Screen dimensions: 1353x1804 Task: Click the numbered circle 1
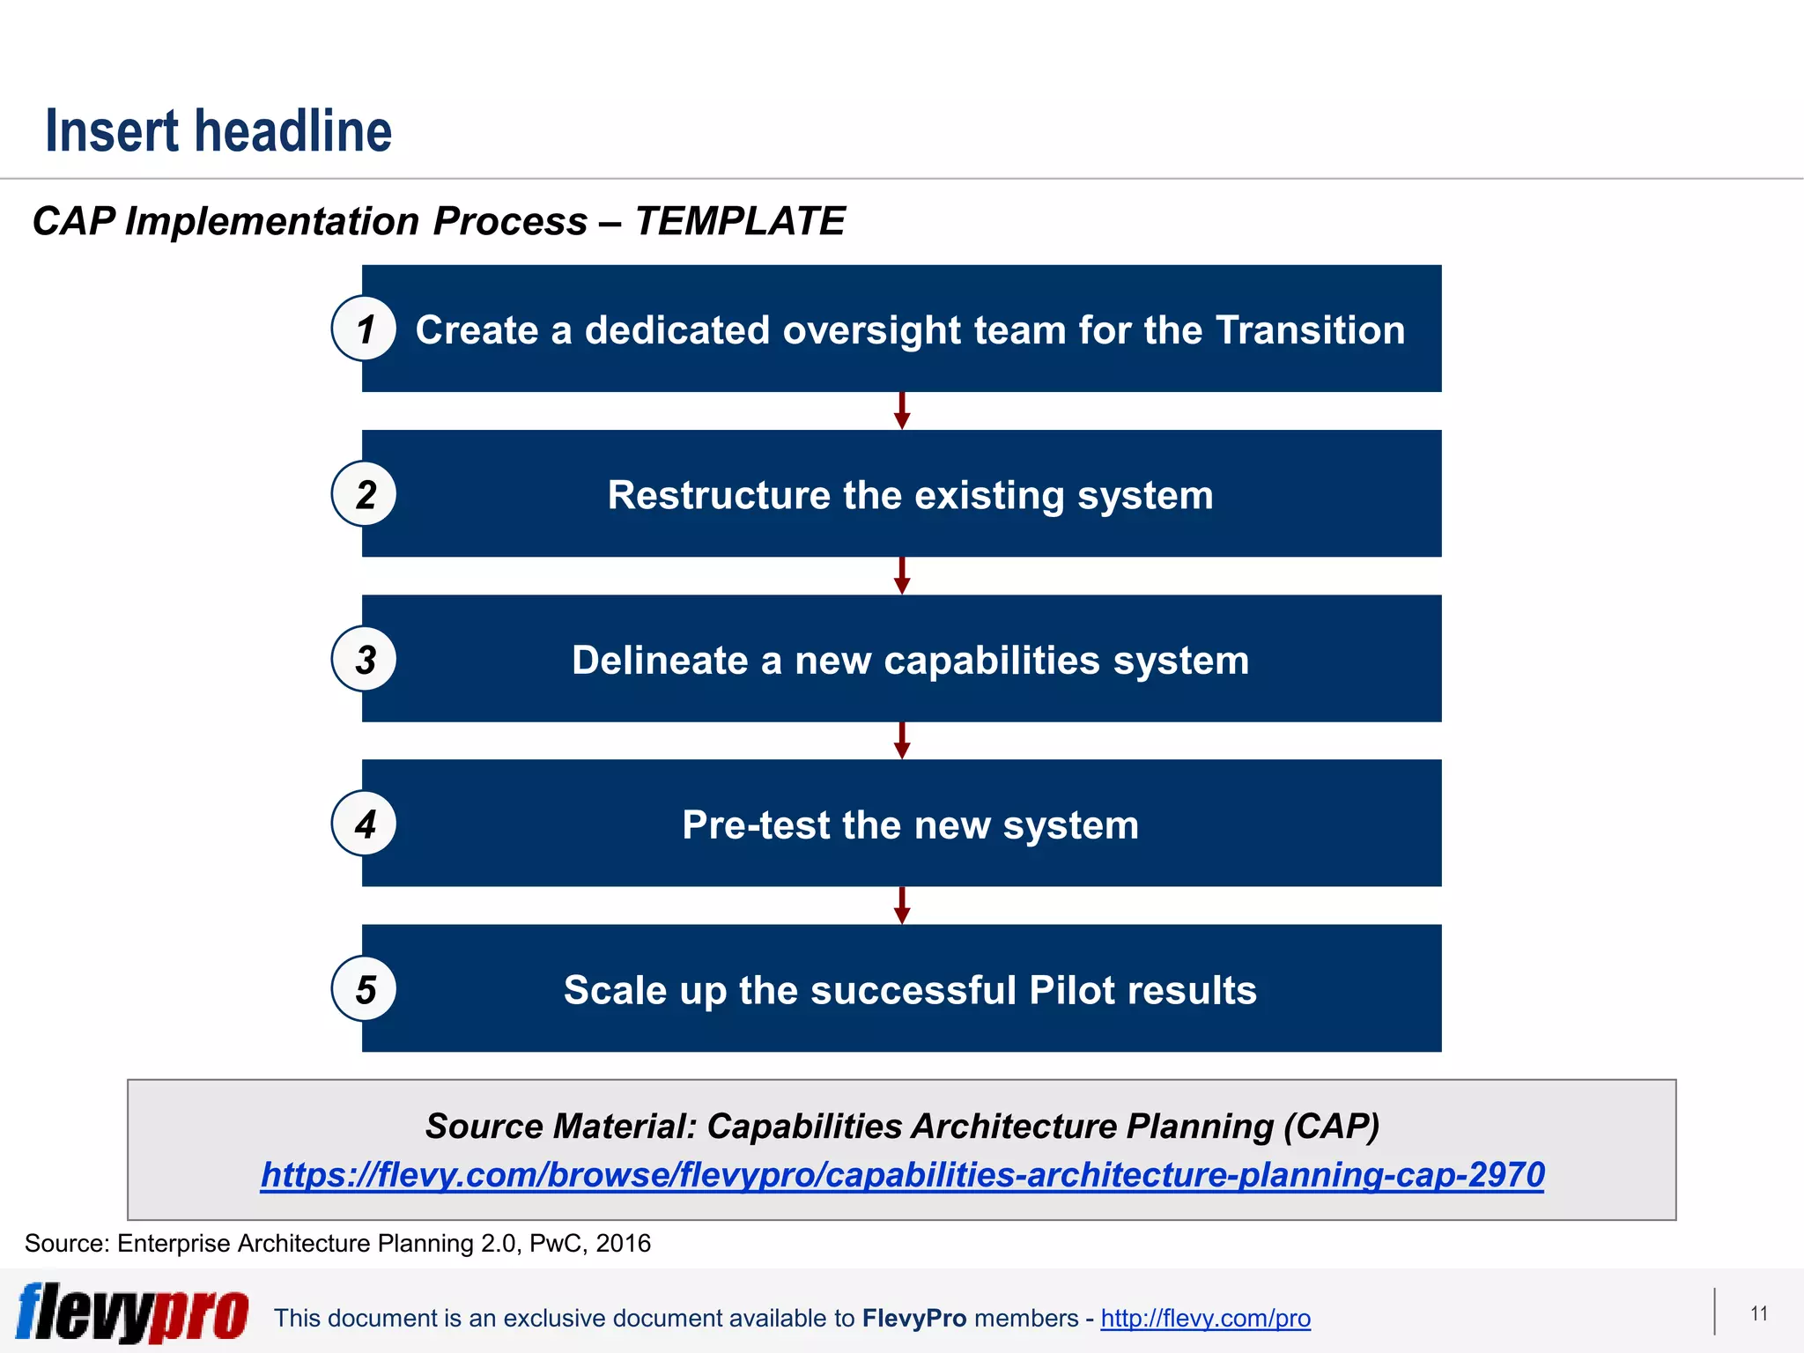364,329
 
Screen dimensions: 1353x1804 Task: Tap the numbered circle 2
364,494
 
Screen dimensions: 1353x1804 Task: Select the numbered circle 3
364,659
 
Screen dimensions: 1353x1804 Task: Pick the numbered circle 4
364,824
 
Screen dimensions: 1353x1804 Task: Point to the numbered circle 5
364,989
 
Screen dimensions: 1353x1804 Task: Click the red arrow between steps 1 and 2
902,410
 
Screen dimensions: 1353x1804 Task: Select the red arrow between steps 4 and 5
902,905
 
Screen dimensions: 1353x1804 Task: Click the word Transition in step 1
1310,330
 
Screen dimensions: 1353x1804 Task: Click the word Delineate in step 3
660,661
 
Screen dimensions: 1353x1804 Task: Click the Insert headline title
218,131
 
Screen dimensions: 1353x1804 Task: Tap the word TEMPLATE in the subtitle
740,221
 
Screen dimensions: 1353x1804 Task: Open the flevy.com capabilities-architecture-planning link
902,1175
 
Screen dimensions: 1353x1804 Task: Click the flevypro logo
132,1312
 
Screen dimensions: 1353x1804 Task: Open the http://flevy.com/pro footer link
1205,1319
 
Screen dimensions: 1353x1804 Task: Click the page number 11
1759,1314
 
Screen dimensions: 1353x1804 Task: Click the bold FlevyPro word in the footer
914,1319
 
